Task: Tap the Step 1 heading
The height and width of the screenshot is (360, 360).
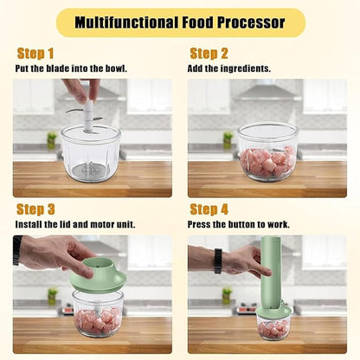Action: click(35, 54)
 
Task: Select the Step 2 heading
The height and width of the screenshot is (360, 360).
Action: click(209, 54)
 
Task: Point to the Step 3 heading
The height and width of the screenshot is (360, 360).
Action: click(35, 209)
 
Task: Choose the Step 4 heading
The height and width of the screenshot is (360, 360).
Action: click(209, 209)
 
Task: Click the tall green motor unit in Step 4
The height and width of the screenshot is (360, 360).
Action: click(270, 268)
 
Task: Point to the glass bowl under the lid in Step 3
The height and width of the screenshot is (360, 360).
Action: click(98, 314)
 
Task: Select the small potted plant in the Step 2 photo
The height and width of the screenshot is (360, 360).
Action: click(228, 139)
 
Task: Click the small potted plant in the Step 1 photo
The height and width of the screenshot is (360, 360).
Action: click(52, 139)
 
